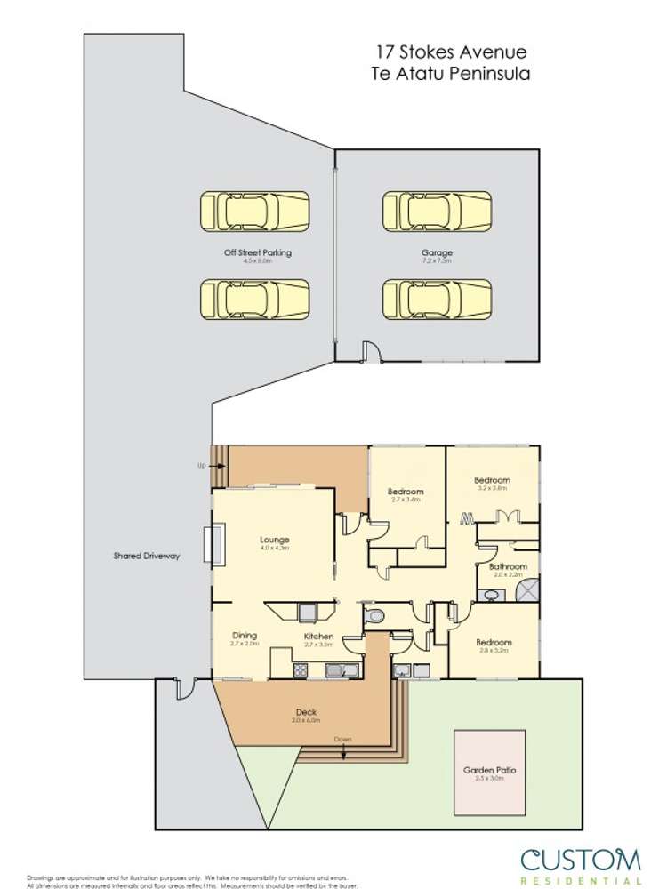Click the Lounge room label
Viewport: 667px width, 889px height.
(275, 540)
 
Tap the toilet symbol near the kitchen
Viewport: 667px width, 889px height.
(376, 615)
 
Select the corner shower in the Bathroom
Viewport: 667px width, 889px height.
(527, 589)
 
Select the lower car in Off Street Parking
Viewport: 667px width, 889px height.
(254, 300)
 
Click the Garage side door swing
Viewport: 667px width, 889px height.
(372, 353)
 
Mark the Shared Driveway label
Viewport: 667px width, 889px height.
(147, 556)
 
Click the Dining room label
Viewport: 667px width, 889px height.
(244, 636)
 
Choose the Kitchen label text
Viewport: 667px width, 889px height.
(318, 637)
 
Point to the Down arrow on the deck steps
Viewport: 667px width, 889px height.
(343, 751)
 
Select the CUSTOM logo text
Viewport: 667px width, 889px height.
(580, 861)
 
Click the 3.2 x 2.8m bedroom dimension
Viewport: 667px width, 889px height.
(494, 489)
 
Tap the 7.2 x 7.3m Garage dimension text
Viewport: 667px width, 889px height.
(437, 262)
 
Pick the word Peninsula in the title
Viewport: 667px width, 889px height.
(490, 74)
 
